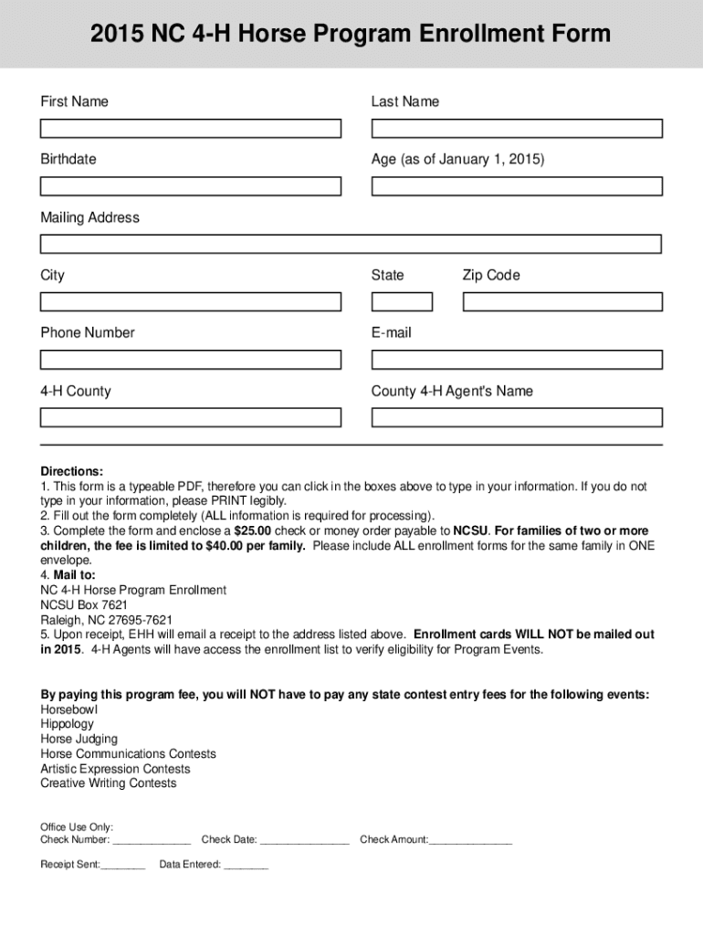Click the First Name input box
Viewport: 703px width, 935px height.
[x=190, y=129]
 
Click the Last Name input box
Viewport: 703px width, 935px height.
[x=516, y=129]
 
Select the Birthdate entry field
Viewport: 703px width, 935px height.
[x=190, y=186]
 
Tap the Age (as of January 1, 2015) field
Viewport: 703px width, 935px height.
[x=516, y=186]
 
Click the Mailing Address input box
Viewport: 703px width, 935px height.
[x=351, y=244]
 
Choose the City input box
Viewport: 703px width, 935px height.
[x=190, y=301]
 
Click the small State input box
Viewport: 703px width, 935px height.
[x=402, y=301]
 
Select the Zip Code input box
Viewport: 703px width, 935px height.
[x=561, y=301]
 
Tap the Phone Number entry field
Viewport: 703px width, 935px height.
[x=190, y=360]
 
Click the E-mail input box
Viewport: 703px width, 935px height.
[x=516, y=360]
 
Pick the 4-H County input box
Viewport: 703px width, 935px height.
[x=190, y=417]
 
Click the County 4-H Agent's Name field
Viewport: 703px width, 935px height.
[x=516, y=417]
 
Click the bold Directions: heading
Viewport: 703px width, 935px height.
[x=71, y=471]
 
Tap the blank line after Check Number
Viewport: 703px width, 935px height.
[x=152, y=841]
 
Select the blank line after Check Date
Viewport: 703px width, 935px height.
[x=304, y=841]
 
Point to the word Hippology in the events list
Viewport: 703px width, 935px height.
[x=67, y=724]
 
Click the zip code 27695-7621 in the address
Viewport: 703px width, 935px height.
[x=141, y=619]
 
